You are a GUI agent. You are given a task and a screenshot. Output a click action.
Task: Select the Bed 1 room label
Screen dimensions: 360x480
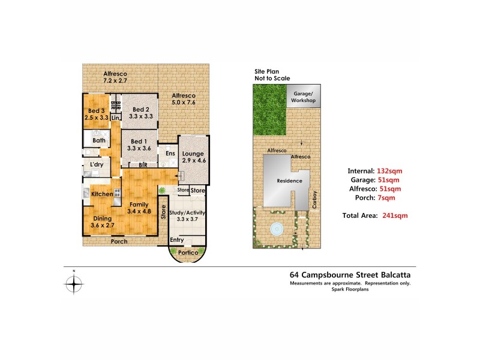(x=139, y=143)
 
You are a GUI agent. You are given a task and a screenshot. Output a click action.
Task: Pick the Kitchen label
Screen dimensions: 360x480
(x=102, y=194)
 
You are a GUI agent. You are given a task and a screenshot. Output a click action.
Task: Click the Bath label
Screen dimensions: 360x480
(x=99, y=141)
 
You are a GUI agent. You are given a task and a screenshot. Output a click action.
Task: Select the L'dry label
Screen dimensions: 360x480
(x=97, y=164)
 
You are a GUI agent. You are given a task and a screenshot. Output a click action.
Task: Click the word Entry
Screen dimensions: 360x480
(x=177, y=240)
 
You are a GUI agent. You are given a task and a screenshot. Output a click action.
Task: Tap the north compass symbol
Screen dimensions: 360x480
(x=74, y=284)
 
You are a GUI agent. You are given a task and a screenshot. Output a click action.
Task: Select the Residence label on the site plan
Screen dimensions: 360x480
(x=288, y=181)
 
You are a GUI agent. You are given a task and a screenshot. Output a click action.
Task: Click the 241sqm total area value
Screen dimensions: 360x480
(x=393, y=215)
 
